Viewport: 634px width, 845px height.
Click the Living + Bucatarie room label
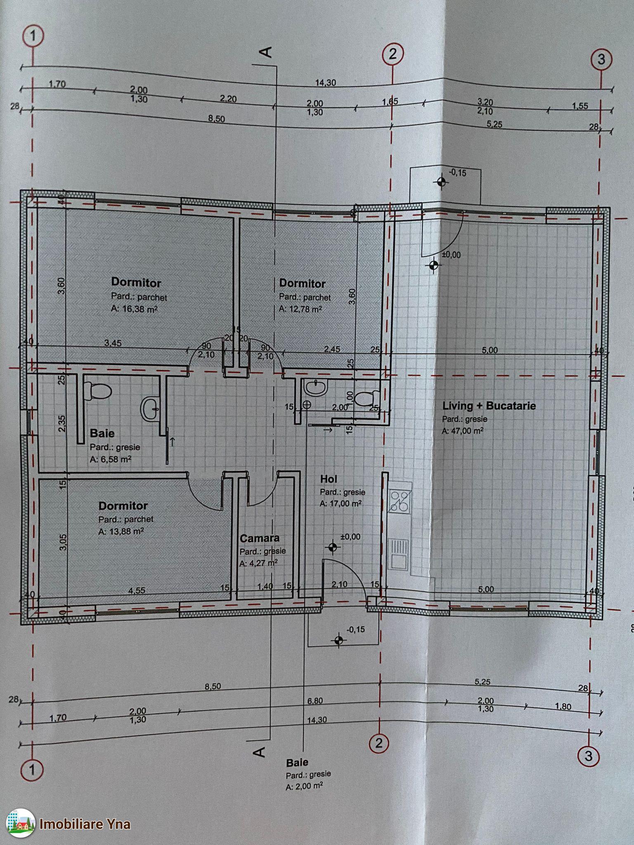tap(489, 406)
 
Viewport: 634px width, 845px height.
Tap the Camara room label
tap(260, 538)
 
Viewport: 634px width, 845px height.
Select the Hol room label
tap(329, 479)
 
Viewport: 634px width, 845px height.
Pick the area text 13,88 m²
tap(121, 532)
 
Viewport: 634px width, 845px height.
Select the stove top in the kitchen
tap(400, 500)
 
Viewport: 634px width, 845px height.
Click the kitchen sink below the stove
tap(398, 552)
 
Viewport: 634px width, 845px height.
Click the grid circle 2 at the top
tap(392, 54)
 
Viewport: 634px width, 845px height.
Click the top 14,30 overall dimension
tap(326, 83)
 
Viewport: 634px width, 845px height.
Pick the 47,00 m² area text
tap(463, 430)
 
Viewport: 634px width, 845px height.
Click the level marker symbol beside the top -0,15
tap(441, 181)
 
